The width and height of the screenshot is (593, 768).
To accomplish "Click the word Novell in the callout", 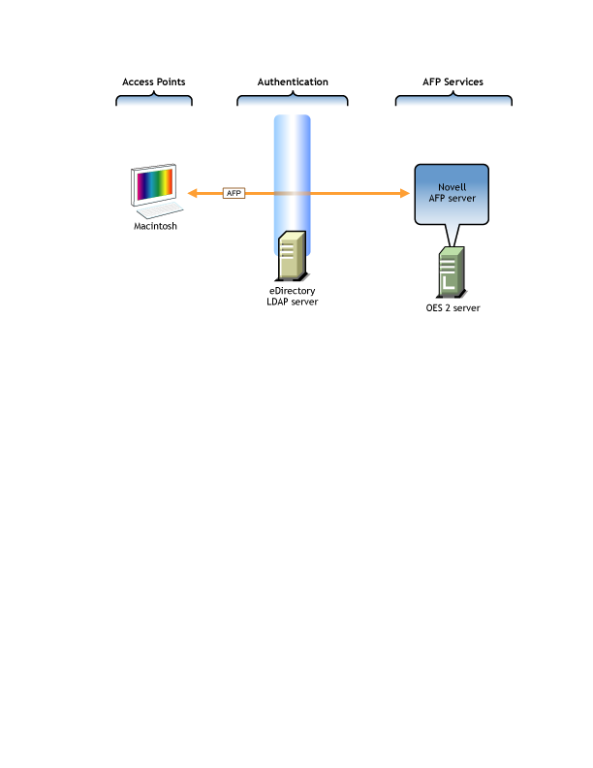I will point(452,187).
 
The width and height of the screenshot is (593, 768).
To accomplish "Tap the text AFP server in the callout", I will point(452,199).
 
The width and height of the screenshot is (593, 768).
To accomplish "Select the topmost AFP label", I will point(234,193).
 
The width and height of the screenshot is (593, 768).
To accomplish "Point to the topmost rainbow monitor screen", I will point(154,184).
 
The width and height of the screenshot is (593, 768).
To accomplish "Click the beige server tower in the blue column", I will point(292,256).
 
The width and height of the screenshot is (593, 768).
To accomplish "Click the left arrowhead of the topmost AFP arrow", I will point(191,193).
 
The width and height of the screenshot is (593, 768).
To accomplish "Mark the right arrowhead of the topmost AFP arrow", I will point(408,193).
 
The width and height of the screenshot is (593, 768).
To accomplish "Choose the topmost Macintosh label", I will point(155,226).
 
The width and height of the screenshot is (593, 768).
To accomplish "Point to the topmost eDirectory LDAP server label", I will point(292,296).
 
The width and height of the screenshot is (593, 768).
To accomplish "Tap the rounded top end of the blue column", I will point(292,119).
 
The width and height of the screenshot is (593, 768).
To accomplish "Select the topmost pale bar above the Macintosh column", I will point(154,101).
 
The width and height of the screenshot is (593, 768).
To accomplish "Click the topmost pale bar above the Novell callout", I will point(453,101).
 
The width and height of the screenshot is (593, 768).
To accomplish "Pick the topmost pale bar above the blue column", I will point(292,101).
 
